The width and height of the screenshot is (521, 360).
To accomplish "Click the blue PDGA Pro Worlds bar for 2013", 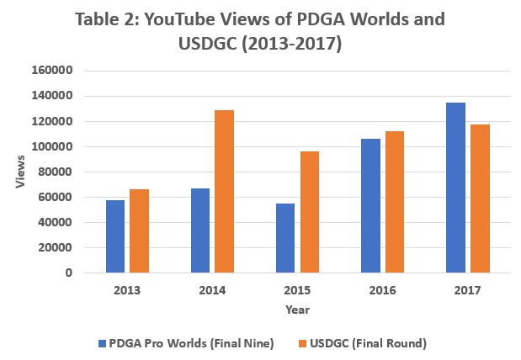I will (x=115, y=236).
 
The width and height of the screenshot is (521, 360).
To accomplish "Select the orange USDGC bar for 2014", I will (x=224, y=192).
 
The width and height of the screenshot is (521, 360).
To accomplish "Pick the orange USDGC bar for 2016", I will (x=394, y=202).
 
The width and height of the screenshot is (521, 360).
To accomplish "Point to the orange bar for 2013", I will (x=139, y=231).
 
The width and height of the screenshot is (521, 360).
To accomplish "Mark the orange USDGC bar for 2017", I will (x=479, y=199).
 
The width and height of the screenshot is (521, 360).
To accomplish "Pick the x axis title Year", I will (x=297, y=310).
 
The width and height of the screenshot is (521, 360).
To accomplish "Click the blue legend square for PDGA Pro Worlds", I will (x=102, y=343).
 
